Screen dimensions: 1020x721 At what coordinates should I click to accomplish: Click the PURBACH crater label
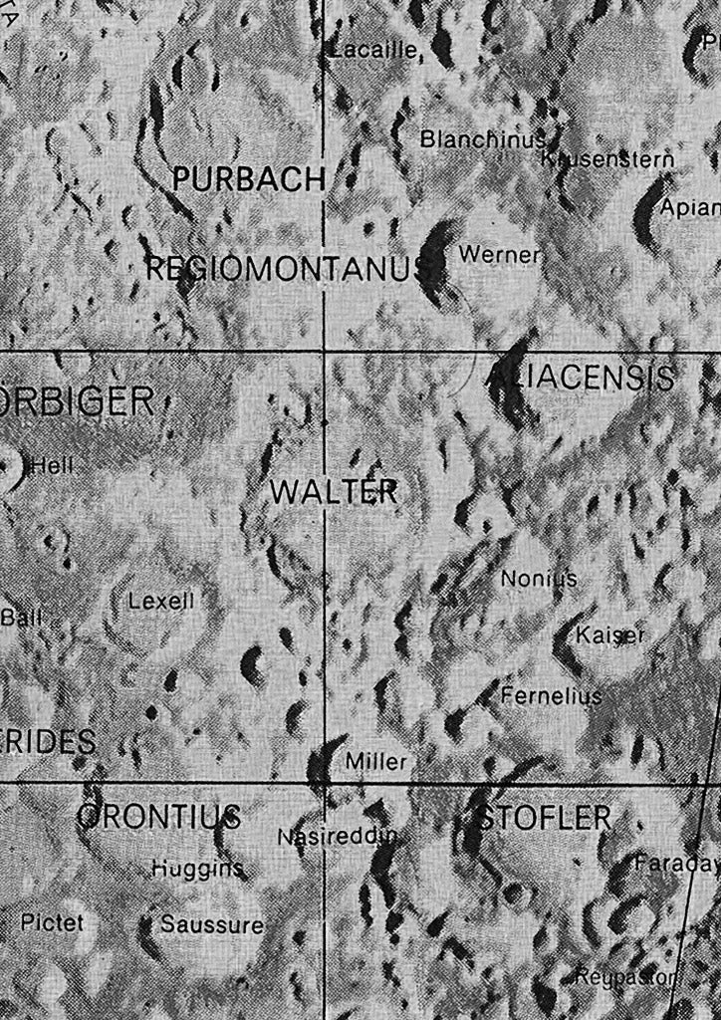click(x=248, y=179)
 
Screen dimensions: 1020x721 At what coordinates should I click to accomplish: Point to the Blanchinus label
click(x=482, y=139)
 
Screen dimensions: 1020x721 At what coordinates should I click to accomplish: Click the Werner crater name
click(x=499, y=255)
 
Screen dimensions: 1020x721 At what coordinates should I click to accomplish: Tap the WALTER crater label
click(x=334, y=492)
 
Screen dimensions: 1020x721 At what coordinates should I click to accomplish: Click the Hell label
click(x=52, y=465)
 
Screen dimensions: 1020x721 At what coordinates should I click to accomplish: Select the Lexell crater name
click(x=161, y=601)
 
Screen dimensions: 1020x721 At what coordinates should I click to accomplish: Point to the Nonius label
click(x=539, y=578)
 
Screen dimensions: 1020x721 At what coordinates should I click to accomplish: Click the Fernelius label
click(x=551, y=695)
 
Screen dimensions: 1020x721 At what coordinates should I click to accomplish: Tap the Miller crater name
click(x=375, y=762)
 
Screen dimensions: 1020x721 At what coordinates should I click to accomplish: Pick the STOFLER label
click(x=544, y=819)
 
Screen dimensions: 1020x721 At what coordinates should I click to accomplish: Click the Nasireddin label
click(x=337, y=837)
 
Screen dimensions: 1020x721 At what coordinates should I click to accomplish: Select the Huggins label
click(x=197, y=870)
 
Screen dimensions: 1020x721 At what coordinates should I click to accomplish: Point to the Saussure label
click(x=212, y=924)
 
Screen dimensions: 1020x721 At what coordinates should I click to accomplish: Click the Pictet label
click(x=52, y=922)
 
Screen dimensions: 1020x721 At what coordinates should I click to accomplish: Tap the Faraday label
click(x=676, y=864)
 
